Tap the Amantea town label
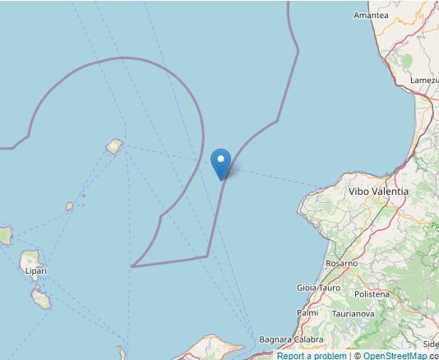(370, 16)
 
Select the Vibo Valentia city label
(378, 191)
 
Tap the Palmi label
(307, 313)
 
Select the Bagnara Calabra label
(291, 339)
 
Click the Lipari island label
(35, 270)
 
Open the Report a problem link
(312, 356)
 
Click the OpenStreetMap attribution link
(395, 356)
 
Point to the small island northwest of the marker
(114, 147)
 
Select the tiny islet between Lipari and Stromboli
(70, 207)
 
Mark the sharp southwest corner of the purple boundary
(132, 266)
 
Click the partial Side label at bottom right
(431, 344)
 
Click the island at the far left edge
(5, 236)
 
